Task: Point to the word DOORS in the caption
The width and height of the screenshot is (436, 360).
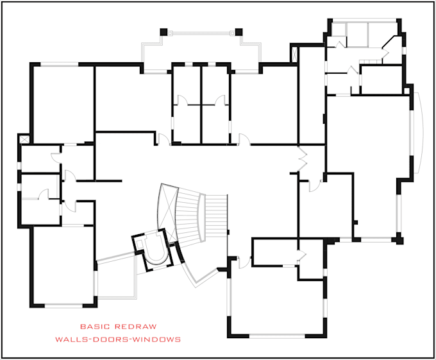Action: tap(110, 339)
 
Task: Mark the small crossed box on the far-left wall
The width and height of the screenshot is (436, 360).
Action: tap(24, 138)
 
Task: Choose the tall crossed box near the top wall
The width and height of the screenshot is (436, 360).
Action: tap(294, 55)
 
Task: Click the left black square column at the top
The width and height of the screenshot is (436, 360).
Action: tap(163, 31)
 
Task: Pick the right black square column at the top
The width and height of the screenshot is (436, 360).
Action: tap(239, 31)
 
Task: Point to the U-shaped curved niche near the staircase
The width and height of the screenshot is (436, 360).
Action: tap(151, 250)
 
